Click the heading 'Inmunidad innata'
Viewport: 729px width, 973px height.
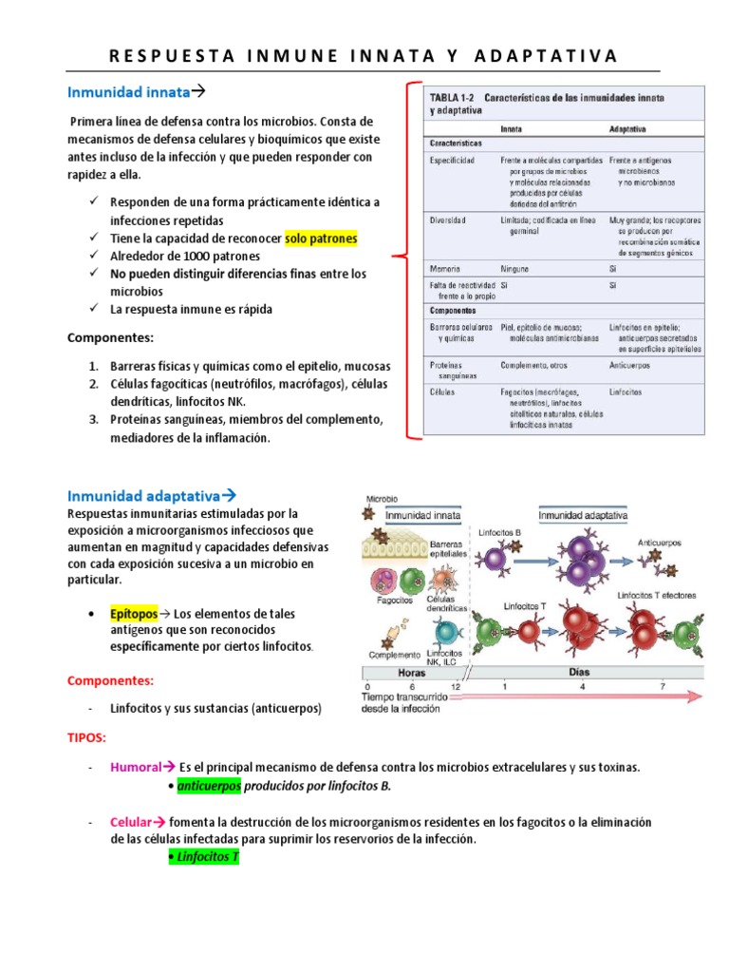coord(129,92)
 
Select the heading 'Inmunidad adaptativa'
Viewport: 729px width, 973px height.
coord(143,495)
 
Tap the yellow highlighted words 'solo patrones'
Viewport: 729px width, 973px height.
coord(321,238)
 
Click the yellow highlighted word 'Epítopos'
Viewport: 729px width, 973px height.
coord(133,614)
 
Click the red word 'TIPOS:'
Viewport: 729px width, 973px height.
coord(87,738)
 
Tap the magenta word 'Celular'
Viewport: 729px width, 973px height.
coord(131,822)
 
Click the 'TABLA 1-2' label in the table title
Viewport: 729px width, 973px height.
coord(453,98)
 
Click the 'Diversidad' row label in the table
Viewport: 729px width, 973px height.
coord(449,220)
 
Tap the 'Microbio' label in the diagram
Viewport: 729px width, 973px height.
coord(382,498)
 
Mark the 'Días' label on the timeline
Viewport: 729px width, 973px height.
coord(579,671)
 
